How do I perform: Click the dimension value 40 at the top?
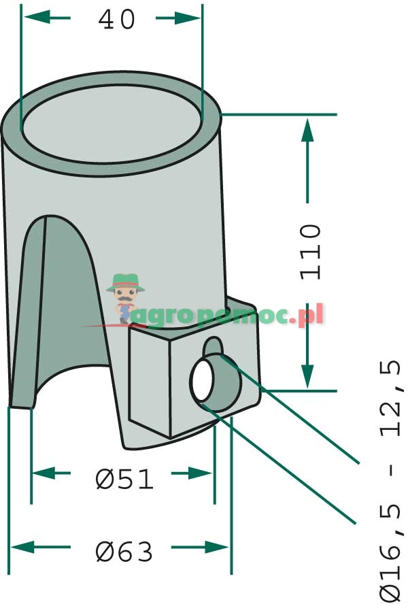[117, 20]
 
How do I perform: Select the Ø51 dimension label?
[124, 480]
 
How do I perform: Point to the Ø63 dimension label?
[124, 552]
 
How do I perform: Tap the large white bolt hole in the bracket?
[202, 382]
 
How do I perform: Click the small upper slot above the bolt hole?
[213, 346]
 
